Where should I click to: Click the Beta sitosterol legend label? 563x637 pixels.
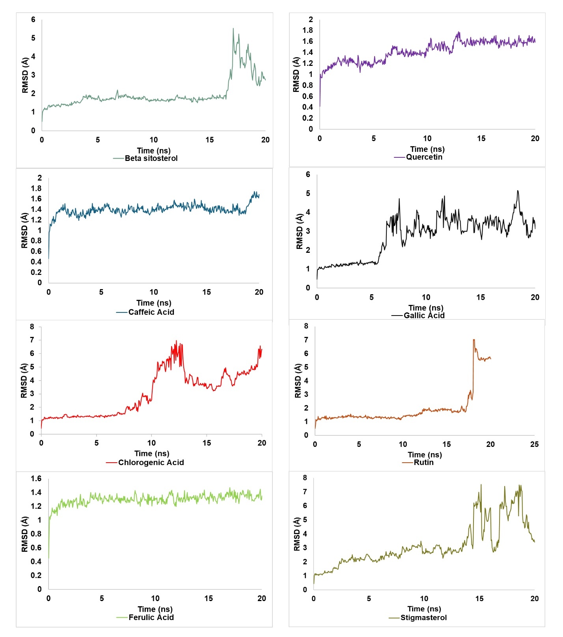tap(151, 158)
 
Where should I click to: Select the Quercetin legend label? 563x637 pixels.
tap(424, 157)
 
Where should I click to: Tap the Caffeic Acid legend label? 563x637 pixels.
tap(151, 312)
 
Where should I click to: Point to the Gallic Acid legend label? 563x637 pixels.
tap(424, 316)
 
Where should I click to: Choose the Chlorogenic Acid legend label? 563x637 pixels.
tap(151, 462)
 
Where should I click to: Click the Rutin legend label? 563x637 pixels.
tap(423, 462)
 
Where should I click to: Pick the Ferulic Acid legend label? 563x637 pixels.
tap(151, 617)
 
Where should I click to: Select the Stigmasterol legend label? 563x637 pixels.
tap(423, 618)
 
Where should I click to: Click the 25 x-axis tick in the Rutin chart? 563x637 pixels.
tap(534, 444)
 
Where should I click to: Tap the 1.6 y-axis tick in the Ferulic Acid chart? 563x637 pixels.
tap(36, 478)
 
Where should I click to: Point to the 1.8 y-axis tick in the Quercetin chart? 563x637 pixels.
tap(308, 30)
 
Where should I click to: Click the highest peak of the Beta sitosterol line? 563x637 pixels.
tap(233, 28)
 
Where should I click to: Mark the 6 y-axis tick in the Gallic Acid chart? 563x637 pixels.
tap(308, 174)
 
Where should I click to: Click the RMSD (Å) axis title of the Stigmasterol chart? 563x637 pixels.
tap(297, 534)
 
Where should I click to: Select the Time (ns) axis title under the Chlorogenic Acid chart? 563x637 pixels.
tap(152, 454)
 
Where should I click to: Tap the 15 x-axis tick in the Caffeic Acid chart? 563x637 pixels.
tap(207, 292)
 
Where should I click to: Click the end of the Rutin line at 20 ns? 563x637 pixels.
tap(490, 358)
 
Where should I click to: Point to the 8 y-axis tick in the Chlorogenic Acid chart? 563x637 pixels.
tap(32, 327)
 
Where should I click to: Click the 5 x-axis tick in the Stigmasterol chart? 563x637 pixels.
tap(369, 598)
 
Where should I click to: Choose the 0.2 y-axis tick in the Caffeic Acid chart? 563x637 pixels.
tap(36, 272)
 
